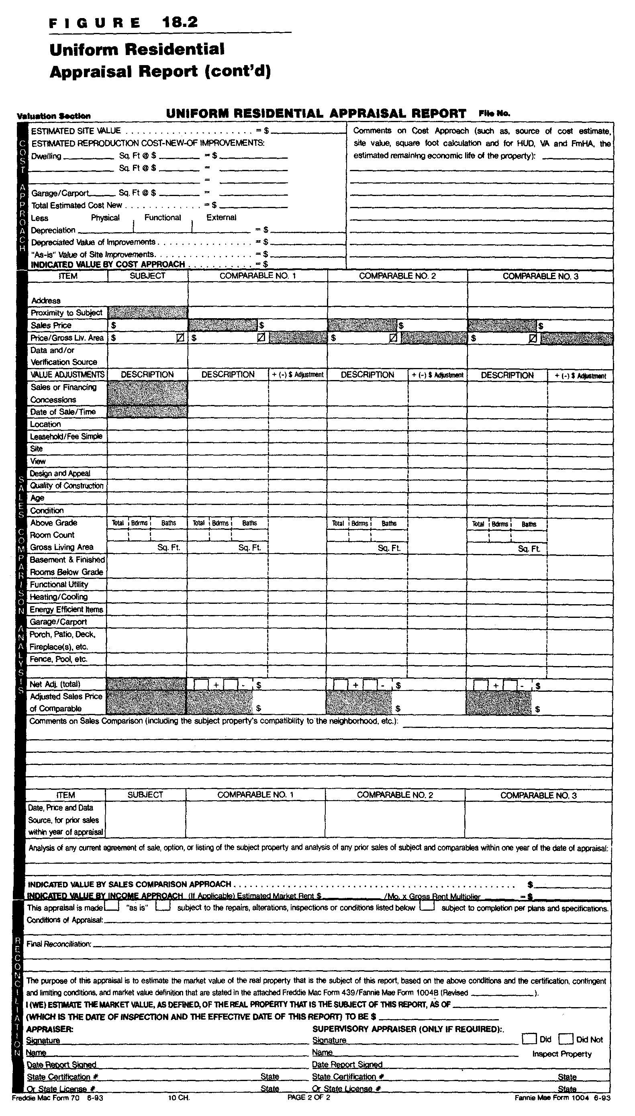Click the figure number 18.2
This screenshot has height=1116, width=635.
180,22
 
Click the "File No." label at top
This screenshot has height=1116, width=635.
494,113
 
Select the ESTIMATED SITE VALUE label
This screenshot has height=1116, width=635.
76,131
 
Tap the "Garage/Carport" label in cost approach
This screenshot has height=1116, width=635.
60,193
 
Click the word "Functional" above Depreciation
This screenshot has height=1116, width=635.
162,218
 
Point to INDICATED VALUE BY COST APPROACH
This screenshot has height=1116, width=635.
108,264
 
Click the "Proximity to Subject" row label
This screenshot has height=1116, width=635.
66,313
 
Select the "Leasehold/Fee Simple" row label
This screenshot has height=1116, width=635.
66,437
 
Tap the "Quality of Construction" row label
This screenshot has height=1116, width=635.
67,486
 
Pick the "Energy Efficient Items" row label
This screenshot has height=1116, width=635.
66,610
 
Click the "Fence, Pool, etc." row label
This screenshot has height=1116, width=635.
59,659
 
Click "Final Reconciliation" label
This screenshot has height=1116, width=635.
59,944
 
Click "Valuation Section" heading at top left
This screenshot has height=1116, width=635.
54,116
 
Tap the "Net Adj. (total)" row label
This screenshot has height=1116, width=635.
55,684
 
